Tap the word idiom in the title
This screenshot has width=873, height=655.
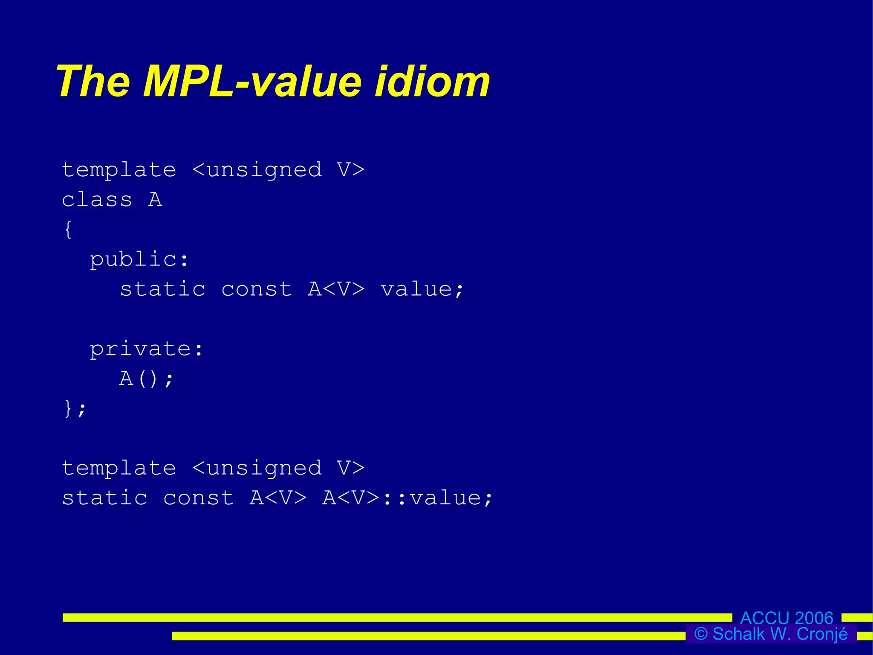432,82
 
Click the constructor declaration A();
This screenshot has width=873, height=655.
146,379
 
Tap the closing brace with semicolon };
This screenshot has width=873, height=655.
75,409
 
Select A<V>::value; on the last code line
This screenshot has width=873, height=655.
407,498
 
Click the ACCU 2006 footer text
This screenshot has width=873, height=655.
786,617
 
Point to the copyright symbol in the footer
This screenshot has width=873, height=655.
701,634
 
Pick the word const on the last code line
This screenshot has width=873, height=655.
199,498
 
